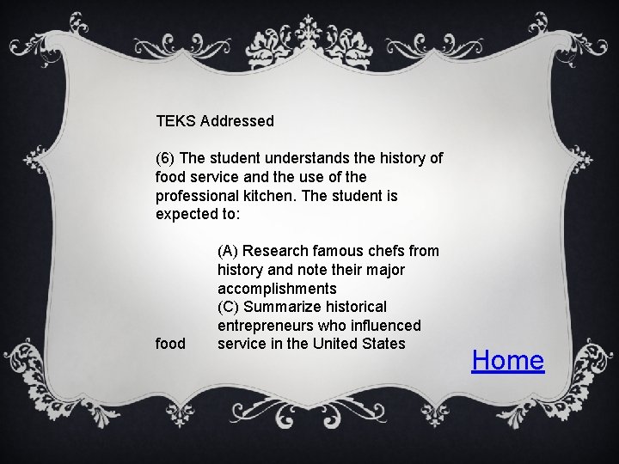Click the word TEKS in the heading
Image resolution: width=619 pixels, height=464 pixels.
click(x=175, y=121)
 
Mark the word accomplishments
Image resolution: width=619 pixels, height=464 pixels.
click(x=277, y=289)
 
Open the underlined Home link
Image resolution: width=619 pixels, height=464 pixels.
click(x=508, y=360)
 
